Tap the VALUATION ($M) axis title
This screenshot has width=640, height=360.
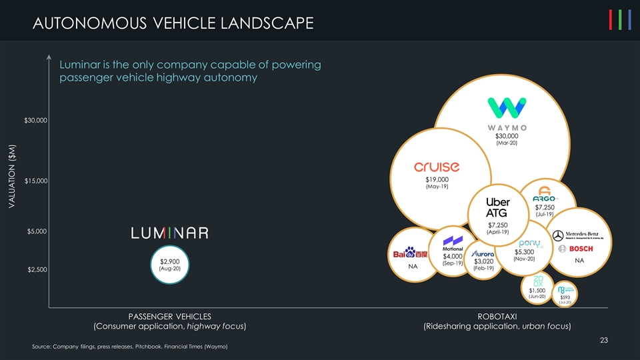[12, 177]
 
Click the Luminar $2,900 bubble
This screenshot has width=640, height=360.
[171, 264]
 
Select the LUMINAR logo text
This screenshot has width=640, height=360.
[170, 233]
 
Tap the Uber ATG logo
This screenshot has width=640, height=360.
[497, 208]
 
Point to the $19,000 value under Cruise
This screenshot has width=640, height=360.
[437, 179]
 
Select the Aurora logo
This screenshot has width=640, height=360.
[485, 254]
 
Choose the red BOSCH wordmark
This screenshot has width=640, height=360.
[581, 249]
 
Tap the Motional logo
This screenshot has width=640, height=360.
[453, 243]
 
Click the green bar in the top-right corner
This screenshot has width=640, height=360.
[621, 21]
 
